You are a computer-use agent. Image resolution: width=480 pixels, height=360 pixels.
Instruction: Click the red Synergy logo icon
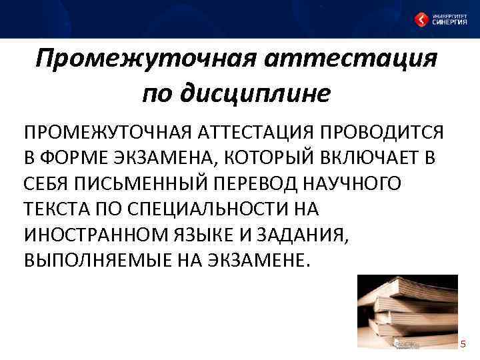[x=421, y=19]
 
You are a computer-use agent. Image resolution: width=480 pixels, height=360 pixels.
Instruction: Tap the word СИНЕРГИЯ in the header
[x=449, y=22]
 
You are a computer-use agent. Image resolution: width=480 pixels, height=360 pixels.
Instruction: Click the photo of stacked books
[x=406, y=309]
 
